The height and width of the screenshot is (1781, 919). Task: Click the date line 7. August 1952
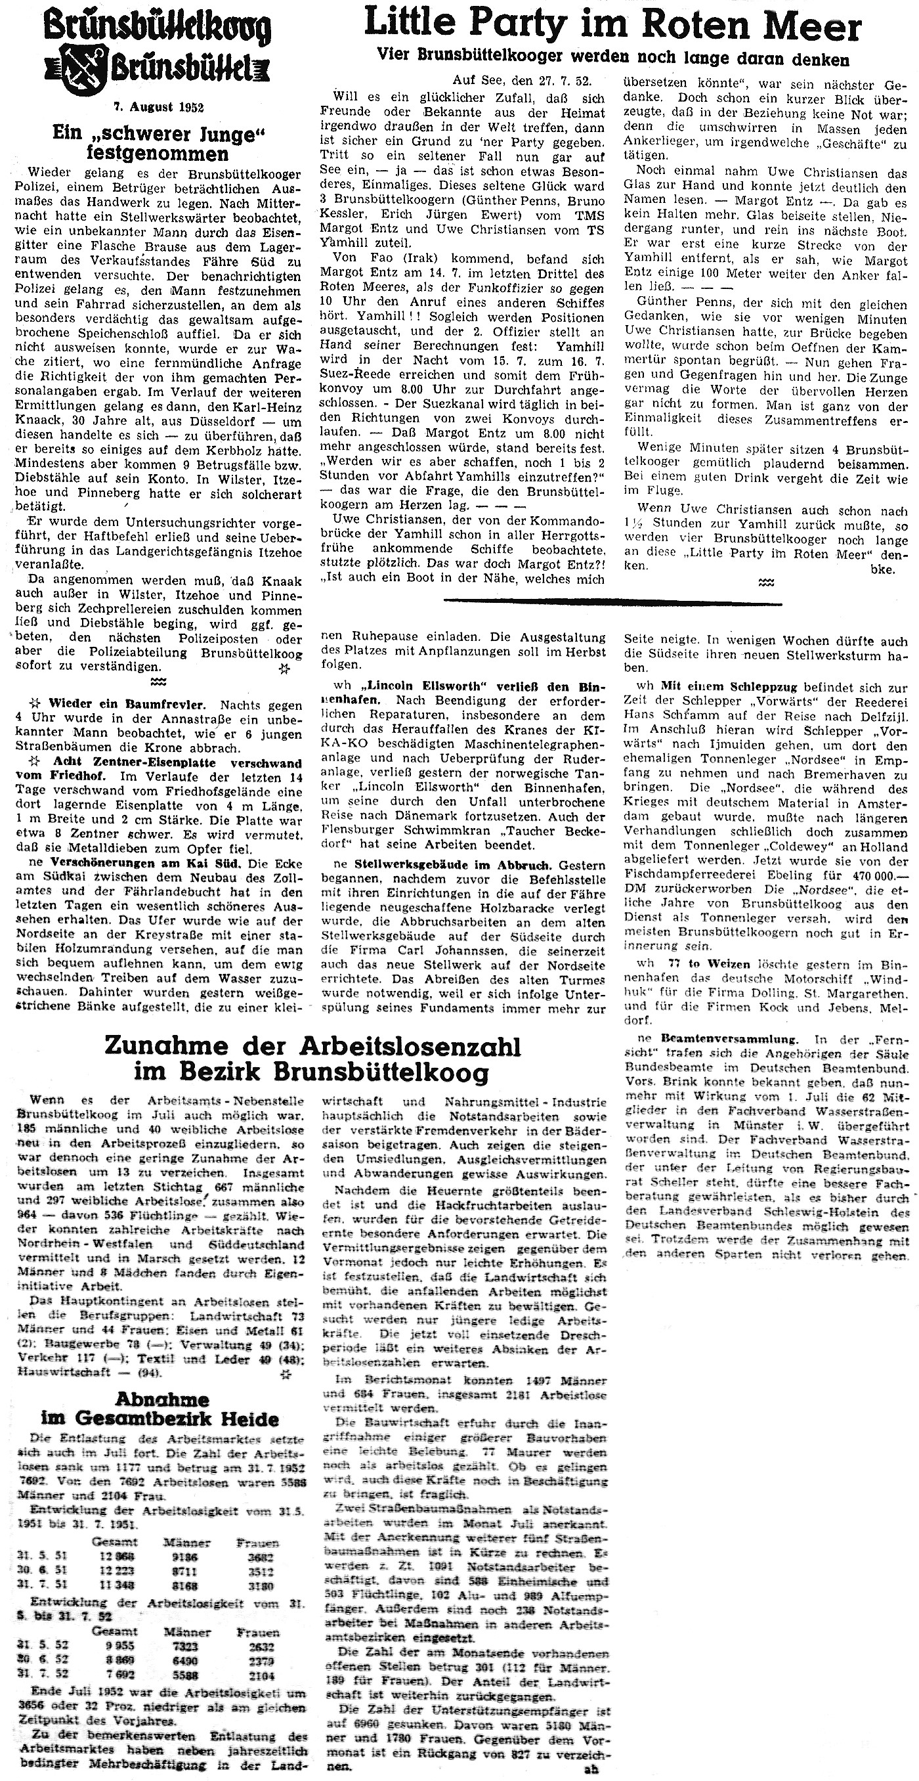[x=158, y=107]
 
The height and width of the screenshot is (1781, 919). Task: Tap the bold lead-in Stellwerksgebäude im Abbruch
[x=452, y=865]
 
